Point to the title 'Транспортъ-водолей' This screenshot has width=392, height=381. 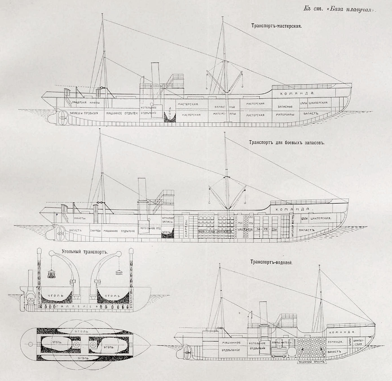coord(271,262)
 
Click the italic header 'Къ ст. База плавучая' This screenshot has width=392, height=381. coord(340,9)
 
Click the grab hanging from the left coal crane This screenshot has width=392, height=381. coord(52,274)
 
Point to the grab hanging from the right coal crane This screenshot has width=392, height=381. coord(119,272)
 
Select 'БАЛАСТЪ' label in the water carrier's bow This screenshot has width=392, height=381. coord(335,352)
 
